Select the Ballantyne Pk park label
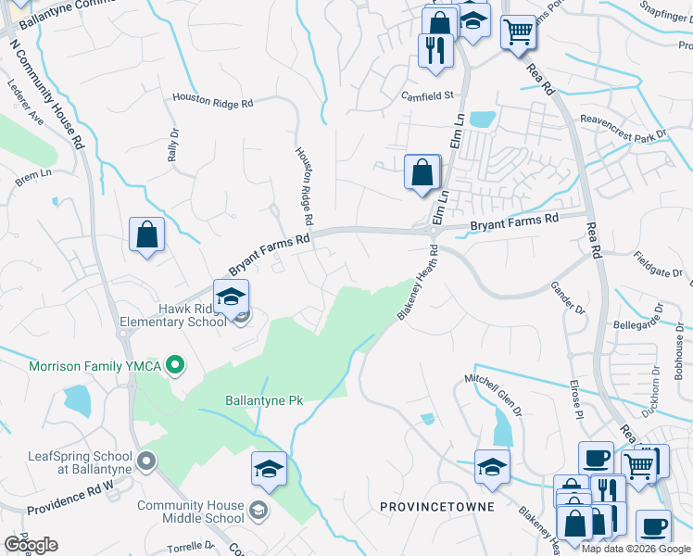coord(264,401)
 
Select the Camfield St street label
coord(427,95)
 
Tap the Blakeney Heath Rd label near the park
coord(417,288)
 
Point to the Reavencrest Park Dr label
coord(623,126)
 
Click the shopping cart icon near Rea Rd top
coord(519,32)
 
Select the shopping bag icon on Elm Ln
coord(422,172)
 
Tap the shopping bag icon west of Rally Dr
coord(146,234)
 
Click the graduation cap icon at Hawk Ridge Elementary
coord(231,297)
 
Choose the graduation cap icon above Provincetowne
coord(492,467)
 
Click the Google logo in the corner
coord(31,545)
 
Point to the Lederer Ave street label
coord(26,107)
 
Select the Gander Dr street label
coord(568,297)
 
